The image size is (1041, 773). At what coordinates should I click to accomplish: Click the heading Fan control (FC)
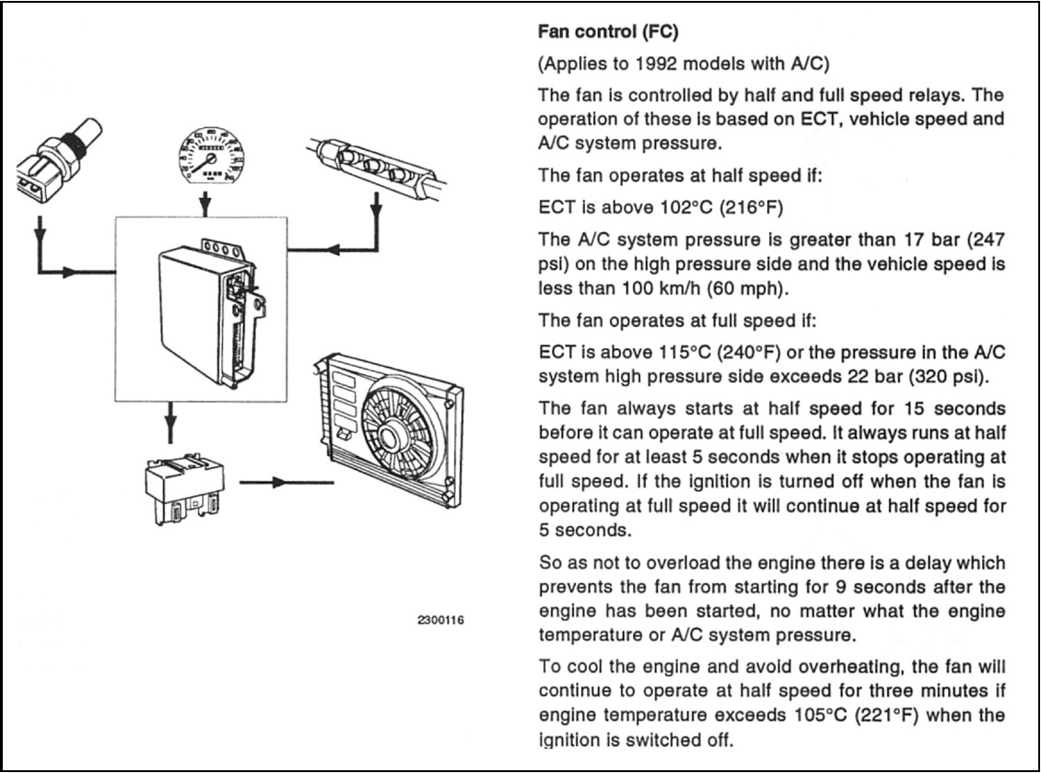(607, 31)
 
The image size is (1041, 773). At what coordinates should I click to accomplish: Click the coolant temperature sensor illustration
(58, 158)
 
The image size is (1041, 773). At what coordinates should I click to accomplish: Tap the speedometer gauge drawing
(211, 156)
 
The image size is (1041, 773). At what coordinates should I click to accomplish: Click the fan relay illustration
(184, 488)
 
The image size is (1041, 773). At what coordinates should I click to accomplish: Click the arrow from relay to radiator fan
(287, 482)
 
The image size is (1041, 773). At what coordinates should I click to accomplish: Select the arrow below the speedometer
(205, 204)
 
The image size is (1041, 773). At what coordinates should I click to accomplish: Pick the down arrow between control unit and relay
(170, 423)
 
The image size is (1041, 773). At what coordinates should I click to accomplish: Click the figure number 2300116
(441, 620)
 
